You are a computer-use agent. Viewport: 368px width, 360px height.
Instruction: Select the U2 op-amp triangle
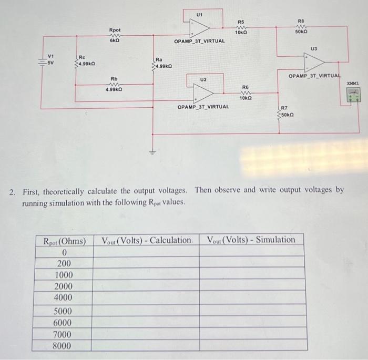(x=202, y=92)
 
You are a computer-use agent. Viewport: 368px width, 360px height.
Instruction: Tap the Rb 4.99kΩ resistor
(x=114, y=86)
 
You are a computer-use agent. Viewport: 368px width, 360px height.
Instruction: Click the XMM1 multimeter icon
(x=354, y=95)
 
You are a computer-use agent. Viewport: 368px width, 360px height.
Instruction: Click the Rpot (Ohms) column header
(x=65, y=240)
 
